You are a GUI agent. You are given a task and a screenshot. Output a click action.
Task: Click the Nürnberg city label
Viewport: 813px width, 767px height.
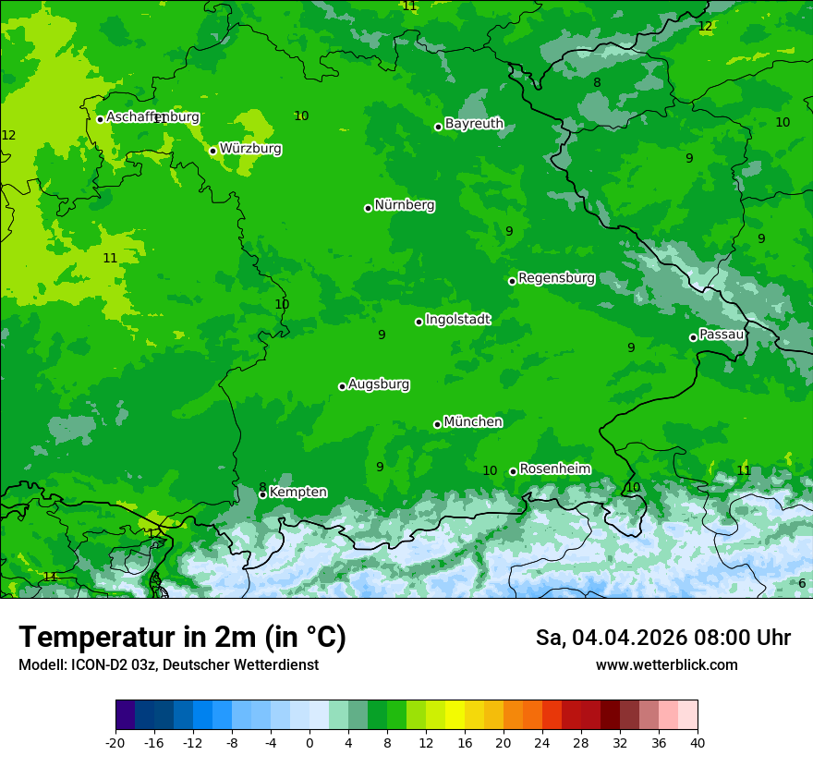(x=405, y=205)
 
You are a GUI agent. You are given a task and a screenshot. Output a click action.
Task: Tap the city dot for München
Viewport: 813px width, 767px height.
(x=437, y=424)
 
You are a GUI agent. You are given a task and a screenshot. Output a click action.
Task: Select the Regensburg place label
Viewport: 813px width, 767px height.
(x=556, y=277)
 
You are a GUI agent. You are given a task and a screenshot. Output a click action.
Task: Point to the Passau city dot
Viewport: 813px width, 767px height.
(x=693, y=337)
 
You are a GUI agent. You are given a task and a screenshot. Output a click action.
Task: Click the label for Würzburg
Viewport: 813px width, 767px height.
(x=250, y=148)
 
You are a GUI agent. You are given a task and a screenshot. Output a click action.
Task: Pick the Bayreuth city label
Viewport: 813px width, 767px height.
(x=474, y=123)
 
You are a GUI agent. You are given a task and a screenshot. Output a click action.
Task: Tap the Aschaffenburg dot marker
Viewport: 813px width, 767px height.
(x=100, y=119)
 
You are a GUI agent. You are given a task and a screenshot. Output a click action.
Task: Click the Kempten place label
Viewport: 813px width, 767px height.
(x=297, y=492)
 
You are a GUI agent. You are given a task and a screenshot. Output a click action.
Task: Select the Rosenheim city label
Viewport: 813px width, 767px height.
(x=554, y=469)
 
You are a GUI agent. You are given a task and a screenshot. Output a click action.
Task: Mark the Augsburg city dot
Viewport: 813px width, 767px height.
(x=342, y=386)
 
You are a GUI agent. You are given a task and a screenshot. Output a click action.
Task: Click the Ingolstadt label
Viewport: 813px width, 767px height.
(x=457, y=319)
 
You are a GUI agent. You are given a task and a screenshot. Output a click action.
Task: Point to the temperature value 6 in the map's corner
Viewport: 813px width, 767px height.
(x=802, y=583)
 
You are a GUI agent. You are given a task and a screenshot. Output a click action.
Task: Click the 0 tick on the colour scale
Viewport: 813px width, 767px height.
(x=309, y=742)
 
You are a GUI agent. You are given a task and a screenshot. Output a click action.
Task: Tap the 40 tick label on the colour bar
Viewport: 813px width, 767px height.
(x=698, y=742)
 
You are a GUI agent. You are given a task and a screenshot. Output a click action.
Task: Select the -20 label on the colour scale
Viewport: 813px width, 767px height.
(x=115, y=742)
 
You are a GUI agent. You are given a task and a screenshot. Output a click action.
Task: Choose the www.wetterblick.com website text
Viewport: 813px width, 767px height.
(x=666, y=664)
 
